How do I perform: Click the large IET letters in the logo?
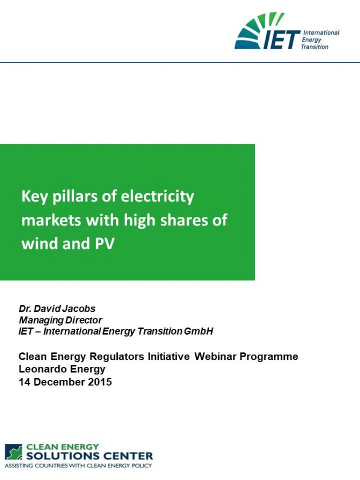click(x=281, y=39)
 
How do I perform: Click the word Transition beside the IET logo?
click(x=314, y=47)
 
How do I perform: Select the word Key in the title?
click(x=34, y=196)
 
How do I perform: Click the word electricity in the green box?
click(x=158, y=196)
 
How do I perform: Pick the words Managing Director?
click(x=60, y=320)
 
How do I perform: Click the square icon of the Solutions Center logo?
click(x=14, y=452)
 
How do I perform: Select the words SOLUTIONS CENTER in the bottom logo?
click(x=89, y=456)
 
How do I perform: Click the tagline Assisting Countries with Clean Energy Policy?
click(x=79, y=466)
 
